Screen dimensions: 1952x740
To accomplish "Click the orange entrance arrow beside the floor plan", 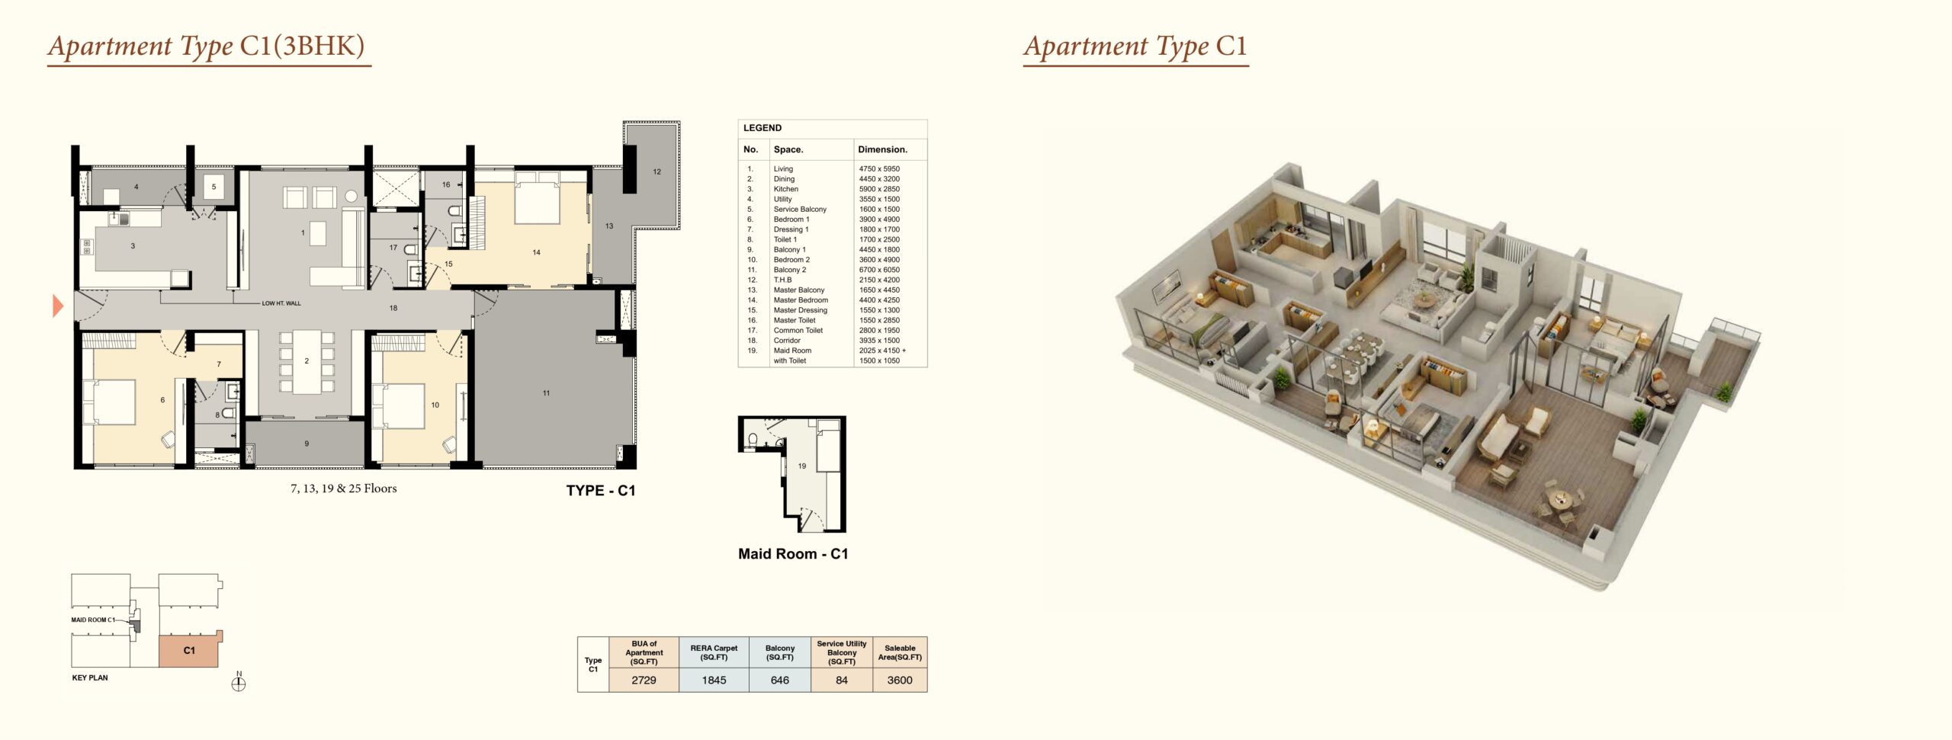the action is pyautogui.click(x=57, y=306).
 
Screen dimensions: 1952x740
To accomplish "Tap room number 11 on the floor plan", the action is pyautogui.click(x=546, y=393).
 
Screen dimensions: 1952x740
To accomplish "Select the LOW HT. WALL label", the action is pyautogui.click(x=281, y=303).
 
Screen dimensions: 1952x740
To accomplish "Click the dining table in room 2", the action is pyautogui.click(x=307, y=361).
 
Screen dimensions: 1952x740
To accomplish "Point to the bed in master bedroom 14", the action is pyautogui.click(x=538, y=197).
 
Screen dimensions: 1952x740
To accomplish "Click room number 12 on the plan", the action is pyautogui.click(x=657, y=171).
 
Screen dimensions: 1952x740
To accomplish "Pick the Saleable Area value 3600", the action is pyautogui.click(x=900, y=680).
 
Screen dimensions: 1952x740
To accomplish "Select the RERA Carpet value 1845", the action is pyautogui.click(x=714, y=680).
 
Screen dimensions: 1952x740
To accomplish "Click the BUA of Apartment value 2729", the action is pyautogui.click(x=644, y=680).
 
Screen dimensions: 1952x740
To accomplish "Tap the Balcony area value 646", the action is pyautogui.click(x=780, y=680).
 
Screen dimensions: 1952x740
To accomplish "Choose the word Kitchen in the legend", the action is pyautogui.click(x=786, y=189).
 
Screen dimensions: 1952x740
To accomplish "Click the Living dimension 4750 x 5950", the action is pyautogui.click(x=879, y=169).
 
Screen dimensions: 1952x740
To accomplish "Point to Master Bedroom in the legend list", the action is pyautogui.click(x=801, y=300).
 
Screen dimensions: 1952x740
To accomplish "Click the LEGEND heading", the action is pyautogui.click(x=762, y=128).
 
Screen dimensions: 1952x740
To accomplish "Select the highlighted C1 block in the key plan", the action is pyautogui.click(x=190, y=649).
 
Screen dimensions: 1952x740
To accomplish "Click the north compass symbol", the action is pyautogui.click(x=239, y=683).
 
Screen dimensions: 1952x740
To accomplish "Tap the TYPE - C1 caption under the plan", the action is pyautogui.click(x=601, y=491).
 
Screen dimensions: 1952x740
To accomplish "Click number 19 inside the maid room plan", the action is pyautogui.click(x=802, y=466).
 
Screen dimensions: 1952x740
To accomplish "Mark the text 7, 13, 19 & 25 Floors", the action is pyautogui.click(x=344, y=489).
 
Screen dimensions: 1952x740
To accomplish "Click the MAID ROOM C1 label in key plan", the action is pyautogui.click(x=93, y=620).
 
